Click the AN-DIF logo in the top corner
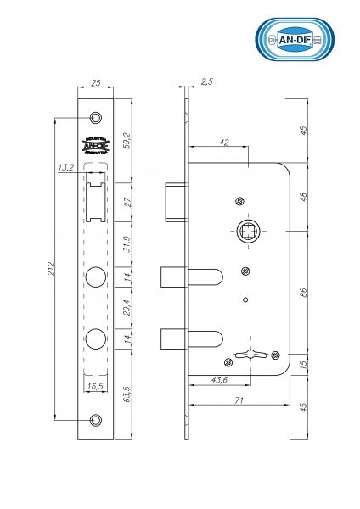pos(295,40)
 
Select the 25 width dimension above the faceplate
pos(95,84)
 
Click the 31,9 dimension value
pos(127,244)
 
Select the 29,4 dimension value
pos(127,308)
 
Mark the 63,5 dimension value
pos(127,395)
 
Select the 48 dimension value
pos(304,196)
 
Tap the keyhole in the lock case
pos(252,354)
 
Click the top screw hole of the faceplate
pos(95,118)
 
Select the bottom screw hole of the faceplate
pos(95,420)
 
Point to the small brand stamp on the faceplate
pos(94,144)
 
